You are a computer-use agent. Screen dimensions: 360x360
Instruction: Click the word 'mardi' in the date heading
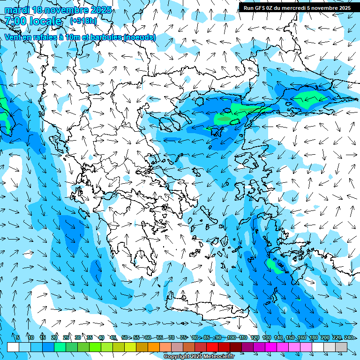pos(17,10)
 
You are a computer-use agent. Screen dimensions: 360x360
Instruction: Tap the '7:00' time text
pos(15,21)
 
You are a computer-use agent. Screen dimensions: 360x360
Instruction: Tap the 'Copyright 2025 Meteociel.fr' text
pos(199,357)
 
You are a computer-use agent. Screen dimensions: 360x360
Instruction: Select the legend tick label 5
pos(17,338)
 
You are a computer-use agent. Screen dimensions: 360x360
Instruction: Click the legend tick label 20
pos(54,338)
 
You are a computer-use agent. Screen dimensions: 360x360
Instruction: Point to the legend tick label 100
pos(231,338)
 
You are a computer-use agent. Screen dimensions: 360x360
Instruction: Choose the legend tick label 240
pos(348,338)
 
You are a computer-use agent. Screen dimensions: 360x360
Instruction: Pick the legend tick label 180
pos(313,338)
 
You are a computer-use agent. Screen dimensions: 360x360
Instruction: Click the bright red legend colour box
pos(212,347)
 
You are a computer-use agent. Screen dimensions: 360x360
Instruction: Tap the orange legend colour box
pos(154,347)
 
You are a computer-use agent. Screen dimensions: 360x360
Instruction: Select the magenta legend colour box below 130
pos(271,347)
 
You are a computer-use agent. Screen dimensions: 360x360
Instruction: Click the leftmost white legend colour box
pos(13,347)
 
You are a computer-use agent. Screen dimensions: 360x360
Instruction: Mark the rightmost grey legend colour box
pos(341,347)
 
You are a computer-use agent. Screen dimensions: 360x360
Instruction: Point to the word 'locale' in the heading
pos(45,21)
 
